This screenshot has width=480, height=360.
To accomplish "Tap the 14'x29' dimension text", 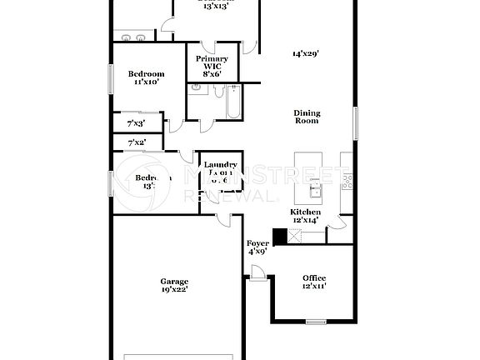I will coord(306,53).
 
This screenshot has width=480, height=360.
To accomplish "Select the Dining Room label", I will coord(307,117).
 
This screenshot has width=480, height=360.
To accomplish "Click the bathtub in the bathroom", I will coord(230,106).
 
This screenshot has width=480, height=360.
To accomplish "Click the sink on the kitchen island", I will coord(315,192).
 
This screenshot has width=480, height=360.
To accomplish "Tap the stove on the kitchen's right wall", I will coord(347,179).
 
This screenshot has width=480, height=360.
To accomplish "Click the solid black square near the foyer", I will coord(280,236).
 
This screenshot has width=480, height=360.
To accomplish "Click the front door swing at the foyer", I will coord(258,272).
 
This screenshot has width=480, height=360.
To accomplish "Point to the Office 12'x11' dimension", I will coord(314,286).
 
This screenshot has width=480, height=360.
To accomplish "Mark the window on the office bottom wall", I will coord(316,321).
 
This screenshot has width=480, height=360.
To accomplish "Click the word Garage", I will coord(174,282).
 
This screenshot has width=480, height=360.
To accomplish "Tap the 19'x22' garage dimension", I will coord(174,290).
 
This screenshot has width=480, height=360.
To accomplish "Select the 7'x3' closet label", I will coord(136,122).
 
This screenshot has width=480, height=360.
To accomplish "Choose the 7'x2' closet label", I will coord(136,142).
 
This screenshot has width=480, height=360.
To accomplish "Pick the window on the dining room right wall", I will coord(356,123).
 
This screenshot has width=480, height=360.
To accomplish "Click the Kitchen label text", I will coord(304,212).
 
